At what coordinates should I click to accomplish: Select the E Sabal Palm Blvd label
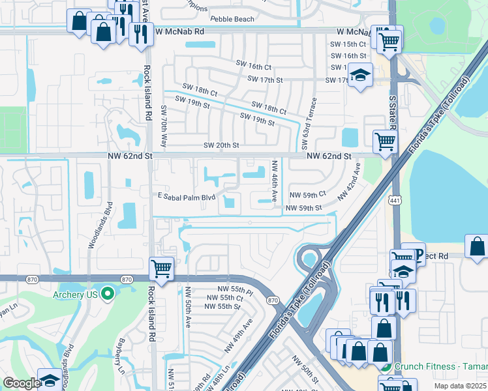click(x=187, y=195)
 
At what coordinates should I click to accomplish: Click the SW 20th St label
click(x=221, y=145)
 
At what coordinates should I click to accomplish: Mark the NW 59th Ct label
click(x=307, y=195)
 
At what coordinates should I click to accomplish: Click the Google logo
click(x=21, y=383)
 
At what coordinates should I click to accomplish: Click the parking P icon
click(x=414, y=253)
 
